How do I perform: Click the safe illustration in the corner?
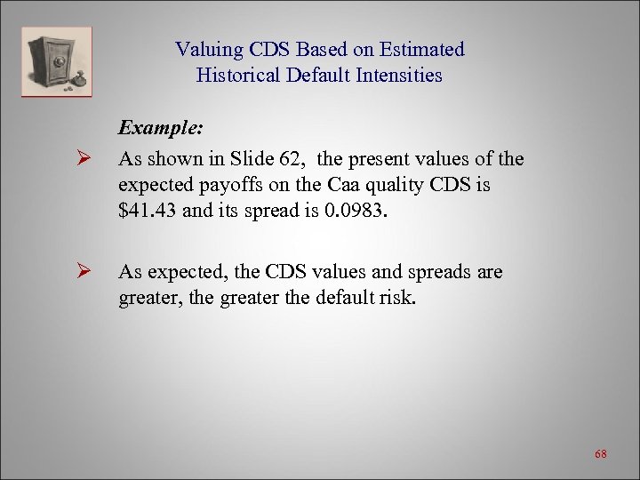56,61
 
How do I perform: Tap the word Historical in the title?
238,76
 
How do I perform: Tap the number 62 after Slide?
298,160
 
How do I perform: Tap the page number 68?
601,455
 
